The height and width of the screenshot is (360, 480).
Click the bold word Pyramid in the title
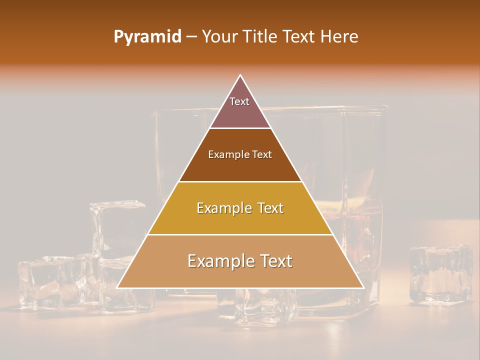coord(147,36)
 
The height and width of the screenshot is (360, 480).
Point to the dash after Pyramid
coord(191,37)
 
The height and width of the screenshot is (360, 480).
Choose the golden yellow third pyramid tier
coord(240,220)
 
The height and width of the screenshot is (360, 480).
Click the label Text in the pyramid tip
coord(239,101)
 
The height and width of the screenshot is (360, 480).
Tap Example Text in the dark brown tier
coord(240,154)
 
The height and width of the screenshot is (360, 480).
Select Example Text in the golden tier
coord(240,208)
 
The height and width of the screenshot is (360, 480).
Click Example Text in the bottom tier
coord(240,261)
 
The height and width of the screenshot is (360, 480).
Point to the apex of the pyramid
coord(240,75)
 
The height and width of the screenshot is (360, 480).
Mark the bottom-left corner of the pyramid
coord(117,287)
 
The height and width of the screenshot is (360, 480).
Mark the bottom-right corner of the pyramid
coord(363,287)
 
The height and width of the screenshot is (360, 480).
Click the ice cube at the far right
coord(440,274)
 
